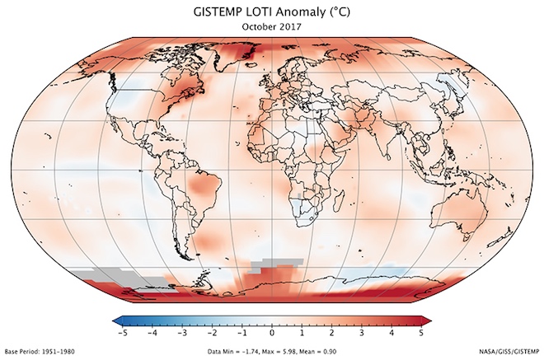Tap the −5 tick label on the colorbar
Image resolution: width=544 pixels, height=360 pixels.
121,333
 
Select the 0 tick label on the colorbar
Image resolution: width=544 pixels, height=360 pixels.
272,333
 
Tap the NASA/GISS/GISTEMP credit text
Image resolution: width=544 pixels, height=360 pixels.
507,352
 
